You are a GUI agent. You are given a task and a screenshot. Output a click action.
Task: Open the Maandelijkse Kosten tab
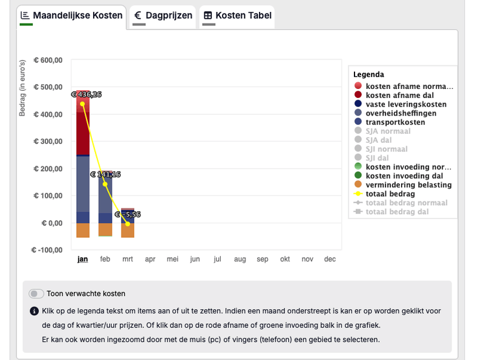[71, 15]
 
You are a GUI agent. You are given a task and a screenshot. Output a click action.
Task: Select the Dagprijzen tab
[163, 15]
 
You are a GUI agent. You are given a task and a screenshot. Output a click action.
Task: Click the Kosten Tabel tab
[237, 15]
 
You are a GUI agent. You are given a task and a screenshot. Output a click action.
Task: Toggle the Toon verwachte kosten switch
[36, 293]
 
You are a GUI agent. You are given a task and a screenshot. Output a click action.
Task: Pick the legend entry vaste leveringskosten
[406, 104]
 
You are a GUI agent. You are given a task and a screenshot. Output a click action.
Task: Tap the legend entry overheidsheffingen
[401, 113]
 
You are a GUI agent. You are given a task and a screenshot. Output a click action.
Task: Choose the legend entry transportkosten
[395, 122]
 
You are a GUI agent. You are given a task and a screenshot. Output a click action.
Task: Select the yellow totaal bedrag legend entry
[390, 194]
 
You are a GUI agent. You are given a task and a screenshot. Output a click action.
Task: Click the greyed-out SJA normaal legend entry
[388, 131]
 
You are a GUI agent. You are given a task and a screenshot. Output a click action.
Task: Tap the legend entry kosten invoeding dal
[404, 176]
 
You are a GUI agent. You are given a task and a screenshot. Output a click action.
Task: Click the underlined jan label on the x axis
[83, 259]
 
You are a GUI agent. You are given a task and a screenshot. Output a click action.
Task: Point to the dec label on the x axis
[330, 259]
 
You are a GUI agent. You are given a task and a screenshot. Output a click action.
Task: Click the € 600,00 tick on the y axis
[48, 60]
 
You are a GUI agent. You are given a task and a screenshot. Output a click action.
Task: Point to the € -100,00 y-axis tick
[47, 250]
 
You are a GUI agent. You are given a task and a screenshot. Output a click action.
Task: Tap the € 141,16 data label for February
[106, 174]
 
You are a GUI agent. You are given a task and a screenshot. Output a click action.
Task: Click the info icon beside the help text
[34, 312]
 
